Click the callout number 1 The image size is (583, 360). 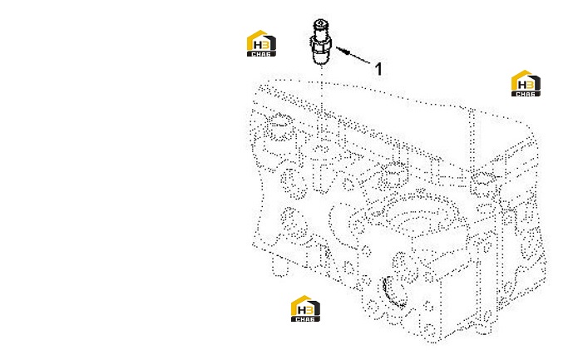coord(378,69)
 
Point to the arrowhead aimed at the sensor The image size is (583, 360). coord(343,51)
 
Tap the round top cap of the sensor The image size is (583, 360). coord(321,24)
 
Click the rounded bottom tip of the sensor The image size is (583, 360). coord(320,59)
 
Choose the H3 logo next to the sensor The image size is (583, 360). coord(261,43)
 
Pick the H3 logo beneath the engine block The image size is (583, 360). coord(305,308)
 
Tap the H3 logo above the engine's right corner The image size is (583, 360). coord(526,83)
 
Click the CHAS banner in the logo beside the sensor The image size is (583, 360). coord(261,54)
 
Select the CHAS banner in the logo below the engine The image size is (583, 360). coord(305,319)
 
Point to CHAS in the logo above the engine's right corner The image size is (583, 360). coord(526,94)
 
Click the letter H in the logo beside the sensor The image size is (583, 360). coord(258,46)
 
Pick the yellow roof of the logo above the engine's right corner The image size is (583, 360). coord(521,76)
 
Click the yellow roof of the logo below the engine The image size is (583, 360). coord(300,301)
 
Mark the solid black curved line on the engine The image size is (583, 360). coord(389,291)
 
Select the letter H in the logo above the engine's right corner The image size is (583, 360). coord(522,85)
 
